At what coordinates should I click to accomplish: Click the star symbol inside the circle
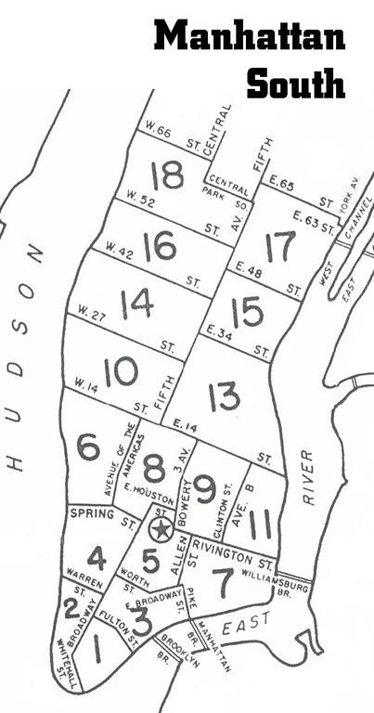pos(161,530)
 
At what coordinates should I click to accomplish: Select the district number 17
pos(279,247)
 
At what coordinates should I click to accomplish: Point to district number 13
pos(224,396)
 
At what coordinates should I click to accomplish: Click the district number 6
pos(88,447)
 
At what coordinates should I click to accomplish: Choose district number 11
pos(261,524)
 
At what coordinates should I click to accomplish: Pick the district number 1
pos(97,649)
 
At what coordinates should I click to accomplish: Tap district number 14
pos(136,304)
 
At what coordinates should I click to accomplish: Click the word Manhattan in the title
pos(250,37)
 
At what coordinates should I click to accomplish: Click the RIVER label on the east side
pos(308,477)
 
